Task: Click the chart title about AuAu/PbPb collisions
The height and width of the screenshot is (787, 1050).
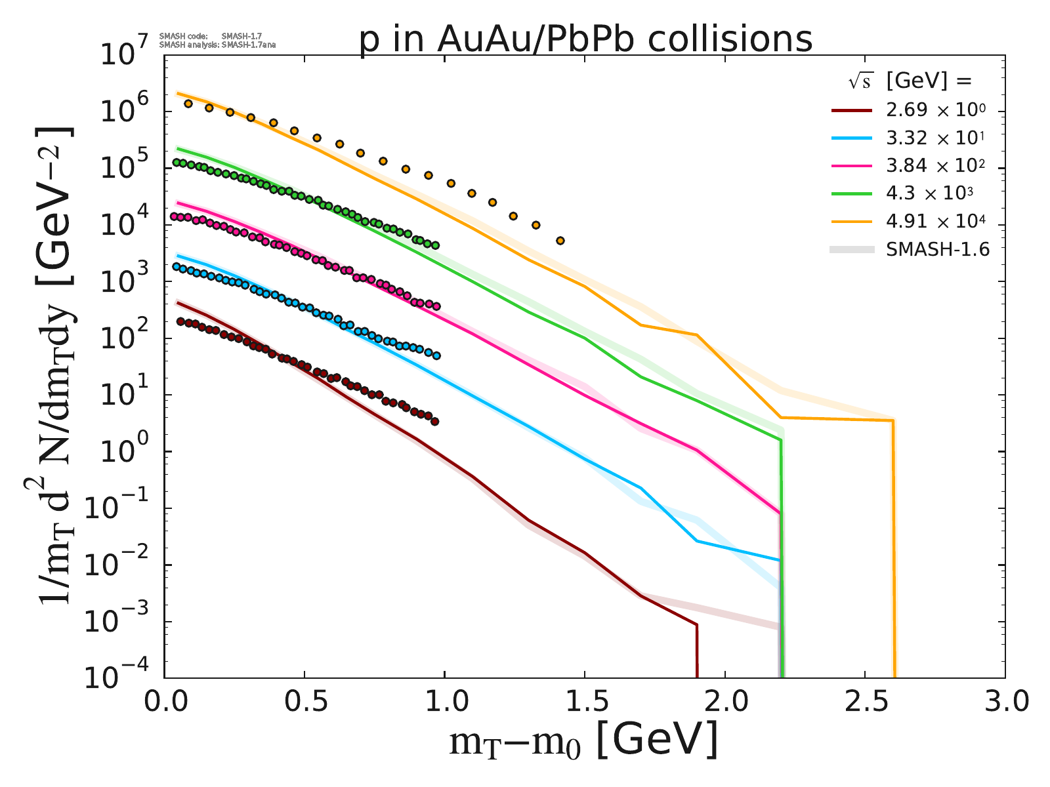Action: click(585, 39)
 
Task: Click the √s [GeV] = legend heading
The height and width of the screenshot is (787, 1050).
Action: click(909, 81)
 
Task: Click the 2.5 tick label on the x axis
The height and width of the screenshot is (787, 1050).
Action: click(865, 703)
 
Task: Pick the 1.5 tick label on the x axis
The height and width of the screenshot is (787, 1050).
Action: click(585, 703)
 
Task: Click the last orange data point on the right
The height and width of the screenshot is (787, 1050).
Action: click(560, 241)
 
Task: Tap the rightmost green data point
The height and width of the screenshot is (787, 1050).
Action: click(434, 245)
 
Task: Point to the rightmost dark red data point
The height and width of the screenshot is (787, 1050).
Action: click(434, 422)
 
